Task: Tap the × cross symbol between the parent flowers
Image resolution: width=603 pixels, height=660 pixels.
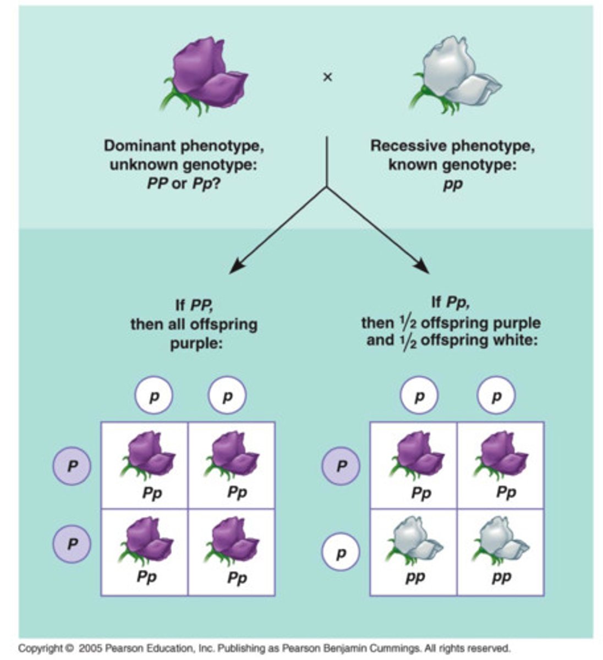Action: (327, 78)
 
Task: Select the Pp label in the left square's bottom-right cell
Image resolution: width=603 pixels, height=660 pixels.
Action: (237, 578)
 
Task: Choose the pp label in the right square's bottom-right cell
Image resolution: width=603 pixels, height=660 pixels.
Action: (501, 578)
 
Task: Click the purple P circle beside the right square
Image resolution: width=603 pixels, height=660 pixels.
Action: (341, 466)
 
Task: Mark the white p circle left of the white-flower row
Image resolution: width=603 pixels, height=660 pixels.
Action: (341, 553)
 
